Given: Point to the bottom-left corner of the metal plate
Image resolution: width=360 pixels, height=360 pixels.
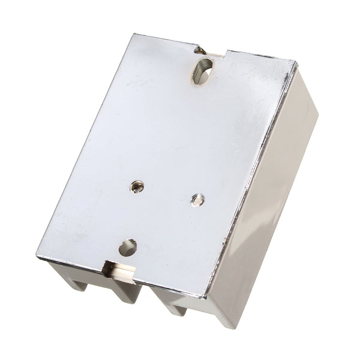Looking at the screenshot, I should click(38, 257).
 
